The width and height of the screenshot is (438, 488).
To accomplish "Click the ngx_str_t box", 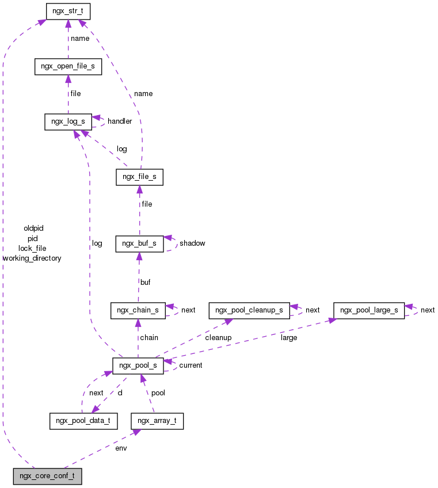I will pos(68,10).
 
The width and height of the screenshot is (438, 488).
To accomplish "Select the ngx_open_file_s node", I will pos(68,66).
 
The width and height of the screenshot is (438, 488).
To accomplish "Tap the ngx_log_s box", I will pos(68,121).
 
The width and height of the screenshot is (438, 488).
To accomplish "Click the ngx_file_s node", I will pos(139,177).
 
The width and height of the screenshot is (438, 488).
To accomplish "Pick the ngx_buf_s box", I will pos(139,243).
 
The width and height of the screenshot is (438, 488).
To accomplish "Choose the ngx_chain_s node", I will pos(138,310).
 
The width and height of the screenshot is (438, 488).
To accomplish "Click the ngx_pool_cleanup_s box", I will pos(249,310).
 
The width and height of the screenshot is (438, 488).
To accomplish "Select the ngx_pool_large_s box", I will pos(369,310).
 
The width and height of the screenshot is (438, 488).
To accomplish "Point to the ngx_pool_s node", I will pos(138,365).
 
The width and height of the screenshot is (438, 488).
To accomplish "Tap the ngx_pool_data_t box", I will pos(83,421).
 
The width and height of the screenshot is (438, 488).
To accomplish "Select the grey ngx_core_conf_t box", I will pos(47,476).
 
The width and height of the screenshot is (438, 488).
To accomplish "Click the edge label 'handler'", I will pos(120,121).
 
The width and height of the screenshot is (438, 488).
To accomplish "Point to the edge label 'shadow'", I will pos(192,243).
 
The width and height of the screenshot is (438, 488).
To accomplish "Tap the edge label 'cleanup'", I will pos(218,338).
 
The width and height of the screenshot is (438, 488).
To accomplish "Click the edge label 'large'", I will pos(289,338).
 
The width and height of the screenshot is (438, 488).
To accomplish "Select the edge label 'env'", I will pos(121,448).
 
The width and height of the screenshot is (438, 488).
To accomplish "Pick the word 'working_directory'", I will pos(32,258).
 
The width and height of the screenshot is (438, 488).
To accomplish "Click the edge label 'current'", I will pos(191,365).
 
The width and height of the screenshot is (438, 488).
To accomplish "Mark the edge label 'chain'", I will pos(149,338).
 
